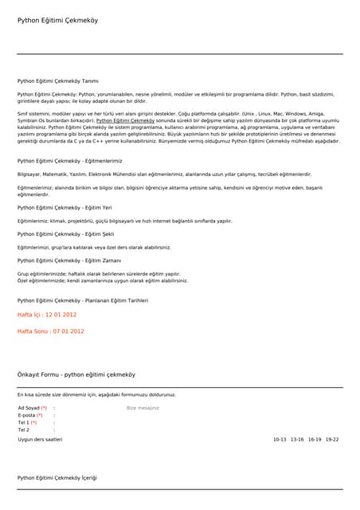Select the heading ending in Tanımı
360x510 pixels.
click(57, 80)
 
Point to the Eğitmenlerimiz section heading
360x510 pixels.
click(75, 161)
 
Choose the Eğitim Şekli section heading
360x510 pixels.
click(65, 234)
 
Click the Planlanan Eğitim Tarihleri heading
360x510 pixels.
click(82, 300)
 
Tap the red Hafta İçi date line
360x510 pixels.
click(46, 315)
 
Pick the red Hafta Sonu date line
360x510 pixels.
click(50, 331)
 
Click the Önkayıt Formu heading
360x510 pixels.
click(76, 374)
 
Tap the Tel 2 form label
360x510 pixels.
click(23, 430)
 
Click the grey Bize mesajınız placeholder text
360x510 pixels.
click(143, 408)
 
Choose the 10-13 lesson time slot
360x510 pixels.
click(280, 439)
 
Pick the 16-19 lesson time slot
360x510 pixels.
click(315, 439)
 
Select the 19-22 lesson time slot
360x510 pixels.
click(332, 439)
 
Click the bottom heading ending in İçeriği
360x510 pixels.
click(57, 477)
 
